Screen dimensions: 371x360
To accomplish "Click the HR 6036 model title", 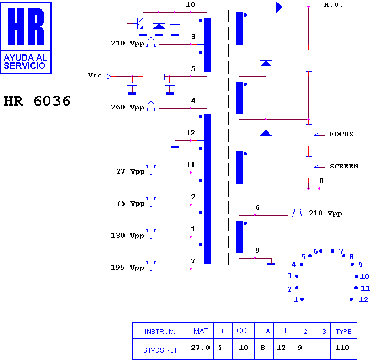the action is tap(37, 101).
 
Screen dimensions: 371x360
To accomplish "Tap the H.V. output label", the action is tap(333, 5).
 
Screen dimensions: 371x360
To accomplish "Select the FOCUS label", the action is tap(341, 134).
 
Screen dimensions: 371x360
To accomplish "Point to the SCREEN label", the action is tap(344, 166).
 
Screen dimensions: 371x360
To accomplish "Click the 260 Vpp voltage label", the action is tap(127, 107).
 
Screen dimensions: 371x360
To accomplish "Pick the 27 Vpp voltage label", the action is tap(130, 171).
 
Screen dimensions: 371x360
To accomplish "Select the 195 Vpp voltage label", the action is tap(127, 268).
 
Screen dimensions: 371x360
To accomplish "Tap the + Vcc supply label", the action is tap(91, 75).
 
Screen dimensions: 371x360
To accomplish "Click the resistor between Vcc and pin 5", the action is tap(153, 77).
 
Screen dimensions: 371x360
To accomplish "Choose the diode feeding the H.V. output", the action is tap(280, 7).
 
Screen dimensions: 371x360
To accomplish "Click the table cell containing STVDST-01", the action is tap(160, 349).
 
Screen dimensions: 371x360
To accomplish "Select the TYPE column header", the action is tap(344, 331).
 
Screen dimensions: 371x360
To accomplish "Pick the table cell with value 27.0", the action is tap(200, 349).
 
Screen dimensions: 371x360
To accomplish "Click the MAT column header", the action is tap(200, 331).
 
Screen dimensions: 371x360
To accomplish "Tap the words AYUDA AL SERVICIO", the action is tap(25, 62).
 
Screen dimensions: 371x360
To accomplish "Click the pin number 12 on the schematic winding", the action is tap(190, 133).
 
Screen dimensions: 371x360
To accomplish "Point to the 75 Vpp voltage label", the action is tap(130, 204).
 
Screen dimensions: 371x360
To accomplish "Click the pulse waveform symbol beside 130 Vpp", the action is tap(151, 234).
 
